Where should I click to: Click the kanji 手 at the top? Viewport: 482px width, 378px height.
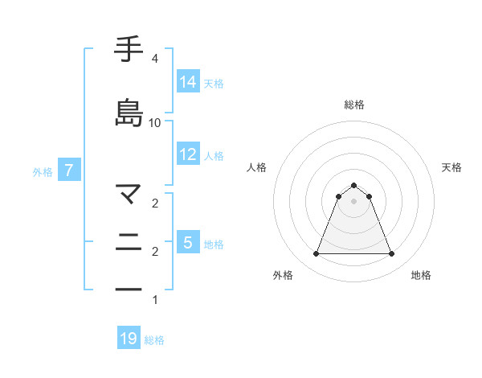(129, 50)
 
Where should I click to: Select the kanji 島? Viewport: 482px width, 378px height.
(129, 113)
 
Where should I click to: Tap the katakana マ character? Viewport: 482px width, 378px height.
(129, 194)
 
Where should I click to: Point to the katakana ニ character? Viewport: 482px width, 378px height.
(129, 242)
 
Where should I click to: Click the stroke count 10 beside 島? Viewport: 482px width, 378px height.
(155, 123)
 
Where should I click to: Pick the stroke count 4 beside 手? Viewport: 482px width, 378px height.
(154, 60)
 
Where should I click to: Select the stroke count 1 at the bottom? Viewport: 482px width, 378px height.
(154, 301)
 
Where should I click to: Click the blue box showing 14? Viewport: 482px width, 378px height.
(188, 82)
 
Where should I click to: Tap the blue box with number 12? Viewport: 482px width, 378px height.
(188, 154)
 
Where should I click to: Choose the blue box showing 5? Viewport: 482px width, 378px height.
(188, 242)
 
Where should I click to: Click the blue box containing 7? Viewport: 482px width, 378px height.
(69, 171)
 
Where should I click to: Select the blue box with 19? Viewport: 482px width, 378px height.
(129, 339)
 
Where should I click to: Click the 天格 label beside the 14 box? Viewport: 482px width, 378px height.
(214, 83)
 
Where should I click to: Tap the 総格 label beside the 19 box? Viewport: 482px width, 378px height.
(154, 340)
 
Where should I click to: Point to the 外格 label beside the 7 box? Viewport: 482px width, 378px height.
(43, 171)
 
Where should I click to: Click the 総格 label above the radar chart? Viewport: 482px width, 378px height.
(353, 105)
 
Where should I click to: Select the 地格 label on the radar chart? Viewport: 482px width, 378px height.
(421, 275)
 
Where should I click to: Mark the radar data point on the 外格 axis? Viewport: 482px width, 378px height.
(316, 254)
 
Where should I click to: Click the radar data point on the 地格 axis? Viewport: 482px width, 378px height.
(391, 254)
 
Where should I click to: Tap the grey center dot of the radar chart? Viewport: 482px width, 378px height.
(353, 201)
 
